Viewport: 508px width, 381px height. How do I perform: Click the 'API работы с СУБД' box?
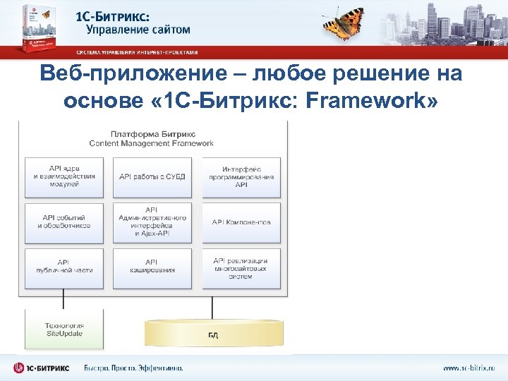(152, 177)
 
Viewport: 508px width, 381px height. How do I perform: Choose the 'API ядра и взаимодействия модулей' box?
(64, 177)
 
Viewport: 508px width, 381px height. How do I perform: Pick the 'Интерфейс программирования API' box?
(241, 177)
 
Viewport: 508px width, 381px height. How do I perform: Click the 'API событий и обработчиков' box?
(64, 222)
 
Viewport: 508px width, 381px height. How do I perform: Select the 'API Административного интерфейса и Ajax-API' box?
(152, 222)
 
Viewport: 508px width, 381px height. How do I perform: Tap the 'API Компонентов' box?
(241, 222)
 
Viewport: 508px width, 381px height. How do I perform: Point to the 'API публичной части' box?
(64, 266)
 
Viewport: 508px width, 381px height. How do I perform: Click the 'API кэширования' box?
(152, 266)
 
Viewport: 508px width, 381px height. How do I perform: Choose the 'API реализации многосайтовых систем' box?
(241, 266)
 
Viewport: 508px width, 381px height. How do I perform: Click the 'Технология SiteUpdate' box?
(64, 329)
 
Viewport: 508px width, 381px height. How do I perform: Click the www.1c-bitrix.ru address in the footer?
(469, 368)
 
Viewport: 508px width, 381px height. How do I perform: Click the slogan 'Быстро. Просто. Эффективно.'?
(133, 368)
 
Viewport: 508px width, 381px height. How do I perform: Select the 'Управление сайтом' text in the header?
(138, 30)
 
